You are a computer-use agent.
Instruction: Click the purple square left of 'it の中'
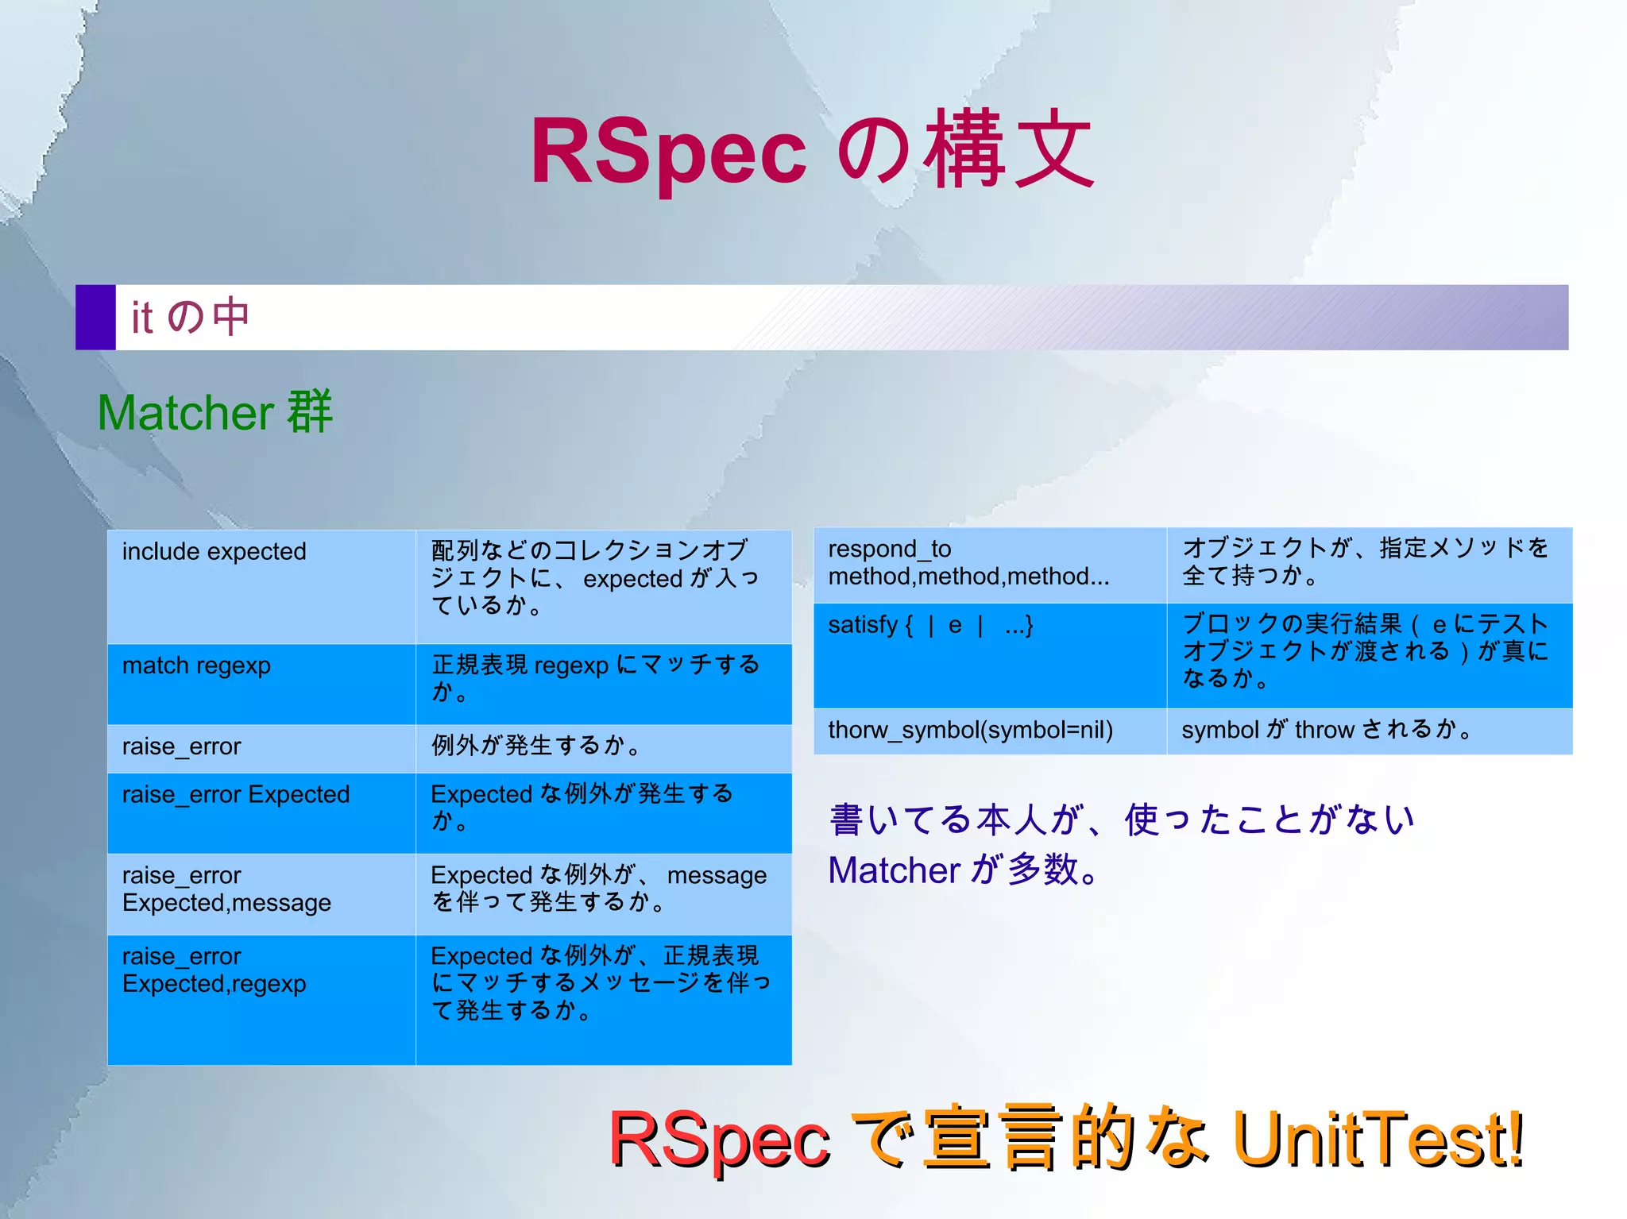click(x=95, y=317)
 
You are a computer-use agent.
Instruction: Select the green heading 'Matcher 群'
click(x=214, y=413)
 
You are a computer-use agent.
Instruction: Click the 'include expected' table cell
click(x=261, y=586)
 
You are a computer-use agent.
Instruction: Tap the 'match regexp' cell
click(x=261, y=684)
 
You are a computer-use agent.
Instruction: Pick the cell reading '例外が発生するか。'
click(x=603, y=747)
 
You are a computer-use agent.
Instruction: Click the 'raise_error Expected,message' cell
click(x=261, y=893)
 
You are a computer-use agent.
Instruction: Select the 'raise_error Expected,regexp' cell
click(x=261, y=999)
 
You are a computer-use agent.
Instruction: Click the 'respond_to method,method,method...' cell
click(x=989, y=563)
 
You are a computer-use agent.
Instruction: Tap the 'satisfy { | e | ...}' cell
click(x=989, y=654)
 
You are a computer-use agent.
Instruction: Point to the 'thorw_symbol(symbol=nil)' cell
click(x=989, y=731)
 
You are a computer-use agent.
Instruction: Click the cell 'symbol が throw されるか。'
click(x=1368, y=731)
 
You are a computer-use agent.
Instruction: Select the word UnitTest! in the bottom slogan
click(x=1378, y=1139)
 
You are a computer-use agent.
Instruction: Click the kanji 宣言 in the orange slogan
click(x=993, y=1139)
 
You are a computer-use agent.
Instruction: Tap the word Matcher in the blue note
click(x=894, y=870)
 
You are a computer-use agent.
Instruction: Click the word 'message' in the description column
click(x=717, y=875)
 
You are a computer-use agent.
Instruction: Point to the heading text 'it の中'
click(x=191, y=317)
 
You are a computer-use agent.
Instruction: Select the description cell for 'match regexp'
click(x=603, y=684)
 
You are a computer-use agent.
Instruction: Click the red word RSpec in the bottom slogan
click(x=719, y=1140)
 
